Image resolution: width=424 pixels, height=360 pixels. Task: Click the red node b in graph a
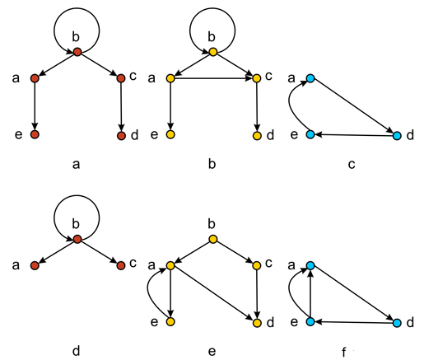(77, 52)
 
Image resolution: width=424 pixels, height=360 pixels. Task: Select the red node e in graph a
(35, 134)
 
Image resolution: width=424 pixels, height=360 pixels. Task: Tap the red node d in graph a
(121, 136)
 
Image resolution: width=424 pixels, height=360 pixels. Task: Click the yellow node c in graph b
(257, 78)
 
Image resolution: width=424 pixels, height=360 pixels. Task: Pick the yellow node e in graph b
(170, 134)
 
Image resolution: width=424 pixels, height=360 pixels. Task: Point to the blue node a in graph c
(310, 78)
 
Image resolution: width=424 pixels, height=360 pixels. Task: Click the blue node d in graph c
(397, 136)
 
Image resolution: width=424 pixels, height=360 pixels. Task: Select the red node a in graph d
(35, 265)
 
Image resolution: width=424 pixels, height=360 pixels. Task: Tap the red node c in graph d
(121, 265)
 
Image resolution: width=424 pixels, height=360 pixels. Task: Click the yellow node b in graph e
(213, 239)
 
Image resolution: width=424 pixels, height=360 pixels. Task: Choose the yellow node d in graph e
(257, 323)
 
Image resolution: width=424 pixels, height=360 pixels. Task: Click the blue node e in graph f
(310, 321)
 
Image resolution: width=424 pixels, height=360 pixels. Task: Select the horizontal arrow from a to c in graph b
(213, 78)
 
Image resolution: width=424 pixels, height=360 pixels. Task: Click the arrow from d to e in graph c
(354, 135)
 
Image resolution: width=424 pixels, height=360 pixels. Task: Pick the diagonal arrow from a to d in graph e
(213, 294)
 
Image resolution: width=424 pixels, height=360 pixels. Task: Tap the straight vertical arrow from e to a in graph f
(310, 293)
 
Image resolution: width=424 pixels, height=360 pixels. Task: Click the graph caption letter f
(343, 352)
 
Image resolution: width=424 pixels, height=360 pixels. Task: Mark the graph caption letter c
(352, 165)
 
